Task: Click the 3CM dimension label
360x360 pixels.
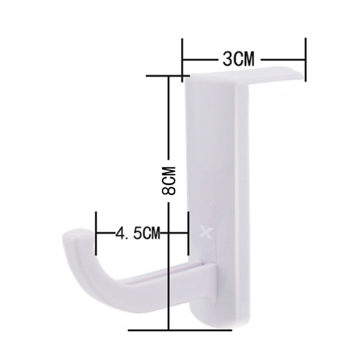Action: (x=239, y=59)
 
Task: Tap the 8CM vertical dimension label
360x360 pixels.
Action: (x=169, y=181)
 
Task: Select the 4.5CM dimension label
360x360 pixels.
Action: (x=138, y=233)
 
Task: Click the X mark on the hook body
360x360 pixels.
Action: (x=206, y=231)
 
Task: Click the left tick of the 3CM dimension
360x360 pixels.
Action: (x=182, y=60)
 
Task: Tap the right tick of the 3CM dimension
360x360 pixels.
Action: (x=305, y=60)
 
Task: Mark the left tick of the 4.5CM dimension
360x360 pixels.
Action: (x=96, y=233)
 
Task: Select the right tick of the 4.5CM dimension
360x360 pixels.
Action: (x=188, y=233)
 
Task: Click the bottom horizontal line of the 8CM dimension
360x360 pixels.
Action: (x=180, y=330)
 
